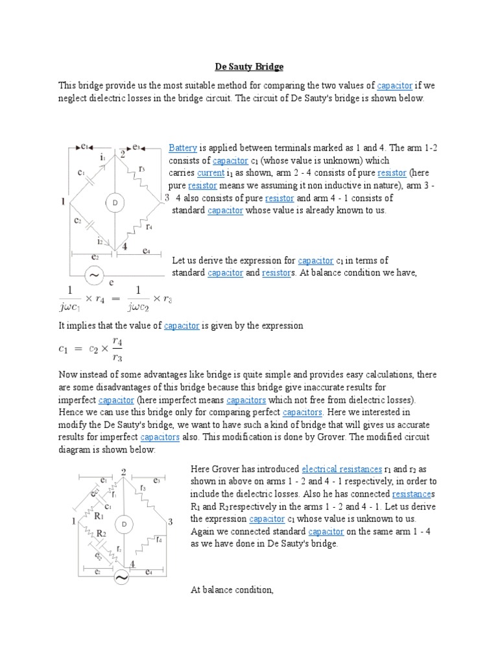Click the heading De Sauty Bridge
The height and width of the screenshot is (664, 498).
pyautogui.click(x=249, y=67)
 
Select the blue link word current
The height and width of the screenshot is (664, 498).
pyautogui.click(x=210, y=173)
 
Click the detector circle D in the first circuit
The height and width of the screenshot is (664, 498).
pyautogui.click(x=115, y=203)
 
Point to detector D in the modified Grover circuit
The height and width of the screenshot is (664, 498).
pyautogui.click(x=123, y=523)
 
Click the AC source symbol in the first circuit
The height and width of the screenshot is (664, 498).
pyautogui.click(x=95, y=275)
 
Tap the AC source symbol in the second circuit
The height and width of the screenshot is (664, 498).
pyautogui.click(x=122, y=576)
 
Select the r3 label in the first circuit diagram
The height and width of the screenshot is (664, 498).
pyautogui.click(x=142, y=169)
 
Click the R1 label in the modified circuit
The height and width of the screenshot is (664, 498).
pyautogui.click(x=99, y=517)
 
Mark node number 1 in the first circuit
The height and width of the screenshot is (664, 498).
pyautogui.click(x=63, y=202)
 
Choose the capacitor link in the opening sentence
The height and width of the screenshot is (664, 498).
pyautogui.click(x=394, y=86)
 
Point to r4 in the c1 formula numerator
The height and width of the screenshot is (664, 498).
pyautogui.click(x=117, y=340)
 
